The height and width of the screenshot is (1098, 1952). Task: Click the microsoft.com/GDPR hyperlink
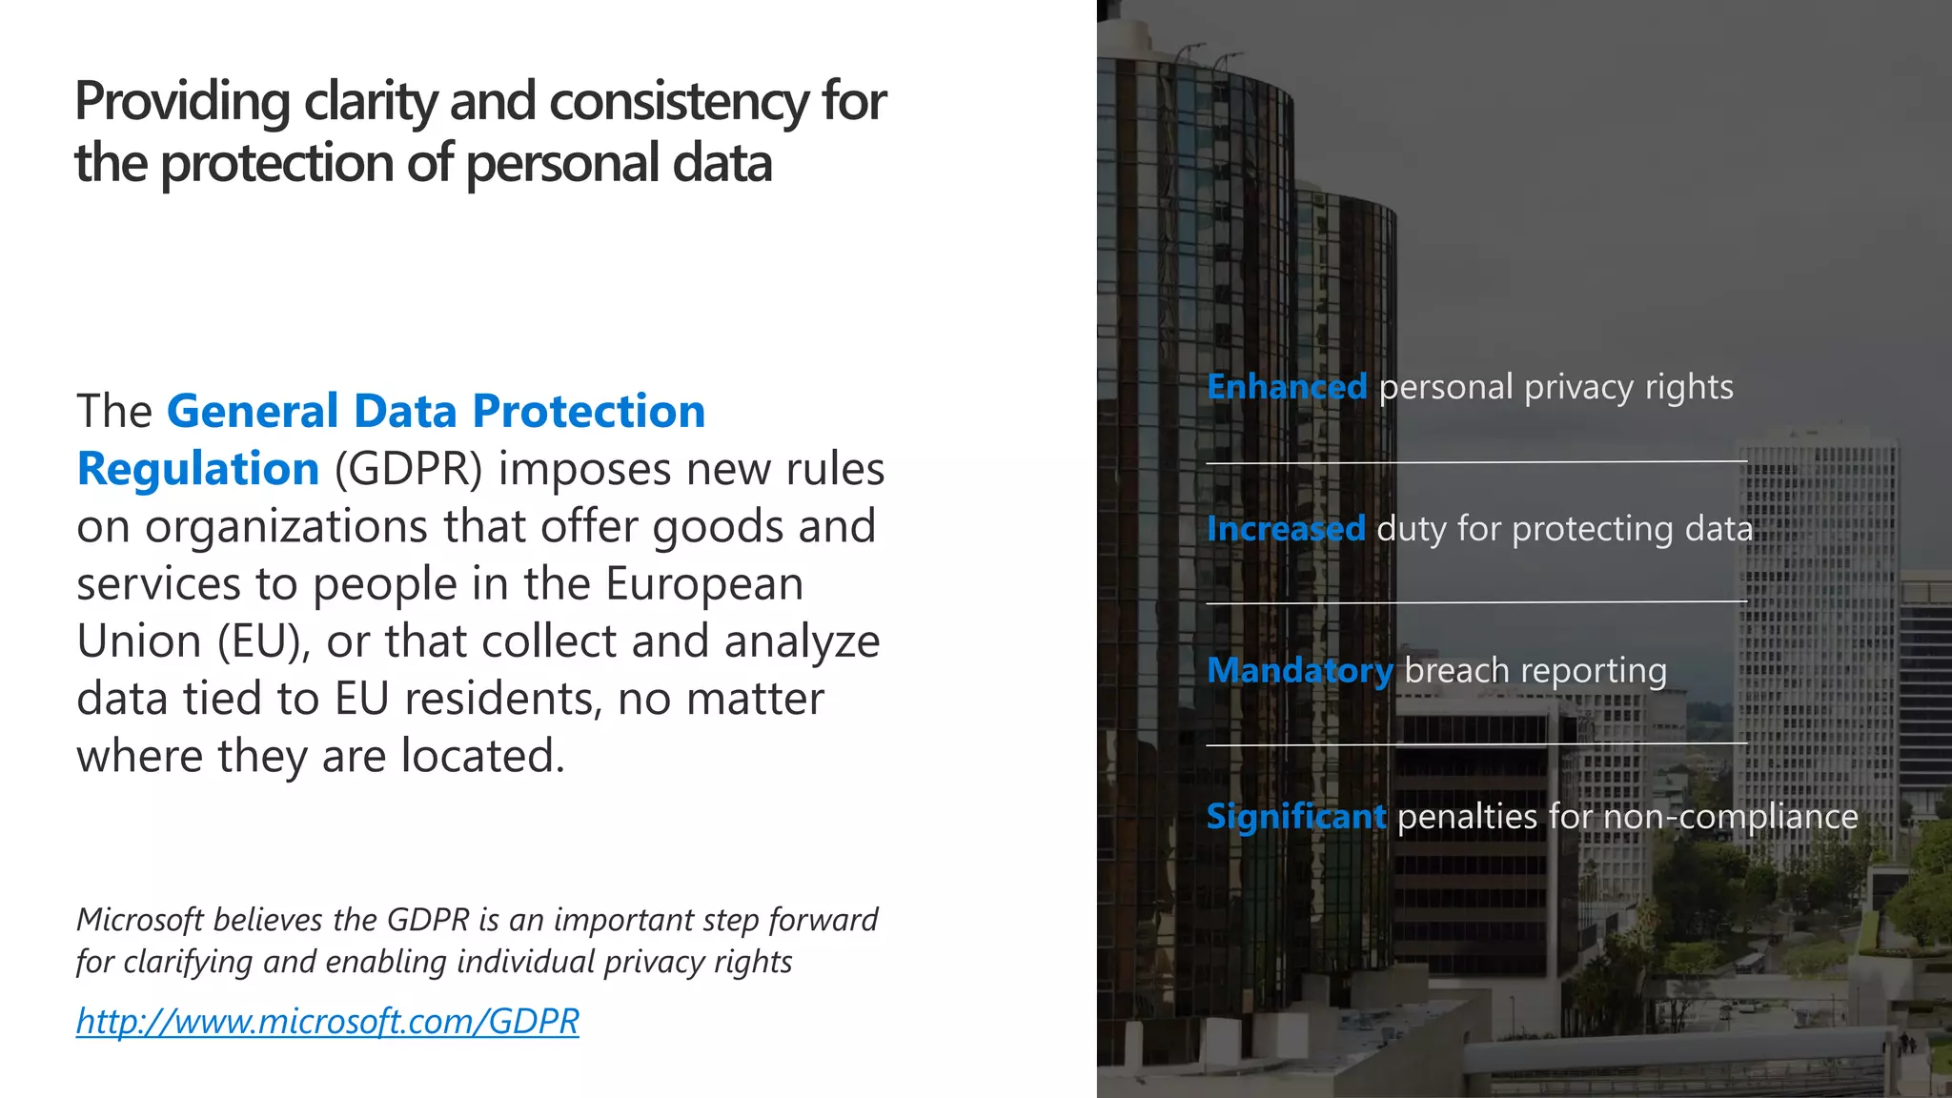pos(327,1021)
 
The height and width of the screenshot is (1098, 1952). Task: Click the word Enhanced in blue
pos(1287,387)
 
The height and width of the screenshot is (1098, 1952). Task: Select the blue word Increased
pos(1286,528)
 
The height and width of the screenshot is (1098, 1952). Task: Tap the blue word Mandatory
pos(1300,671)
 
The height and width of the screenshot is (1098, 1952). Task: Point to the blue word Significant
pos(1295,817)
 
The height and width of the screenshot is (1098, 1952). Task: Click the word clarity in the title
pos(372,101)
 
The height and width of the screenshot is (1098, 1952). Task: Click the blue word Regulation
pos(198,469)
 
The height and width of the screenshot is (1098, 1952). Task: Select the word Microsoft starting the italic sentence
pos(139,920)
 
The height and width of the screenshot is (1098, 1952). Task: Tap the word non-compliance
pos(1730,817)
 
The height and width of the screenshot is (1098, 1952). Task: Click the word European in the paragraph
pos(704,584)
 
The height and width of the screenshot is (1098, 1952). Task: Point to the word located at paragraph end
pos(482,756)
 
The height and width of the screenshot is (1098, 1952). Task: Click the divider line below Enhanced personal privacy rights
pos(1475,462)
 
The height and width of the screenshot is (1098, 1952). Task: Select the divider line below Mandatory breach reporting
pos(1475,743)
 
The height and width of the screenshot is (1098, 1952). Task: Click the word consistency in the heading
pos(679,101)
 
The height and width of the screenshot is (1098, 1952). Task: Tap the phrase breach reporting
pos(1535,671)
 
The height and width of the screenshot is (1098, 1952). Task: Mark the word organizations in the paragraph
pos(286,527)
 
